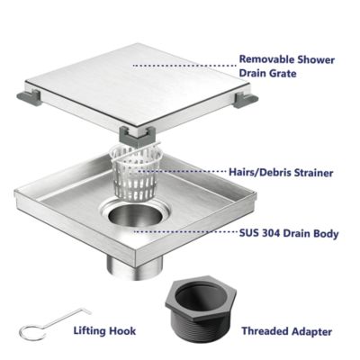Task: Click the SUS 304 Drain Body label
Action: (289, 233)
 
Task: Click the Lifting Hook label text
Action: (105, 331)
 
